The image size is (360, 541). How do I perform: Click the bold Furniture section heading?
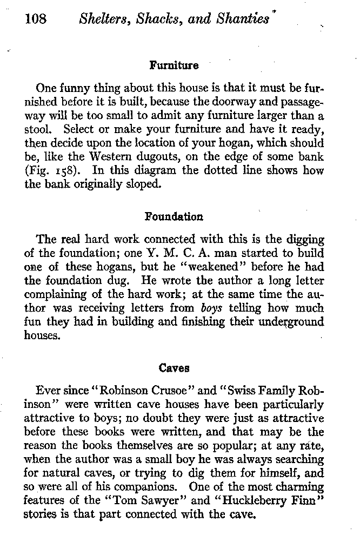174,66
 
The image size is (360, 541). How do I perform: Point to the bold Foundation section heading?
174,217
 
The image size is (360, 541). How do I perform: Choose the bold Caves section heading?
174,368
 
